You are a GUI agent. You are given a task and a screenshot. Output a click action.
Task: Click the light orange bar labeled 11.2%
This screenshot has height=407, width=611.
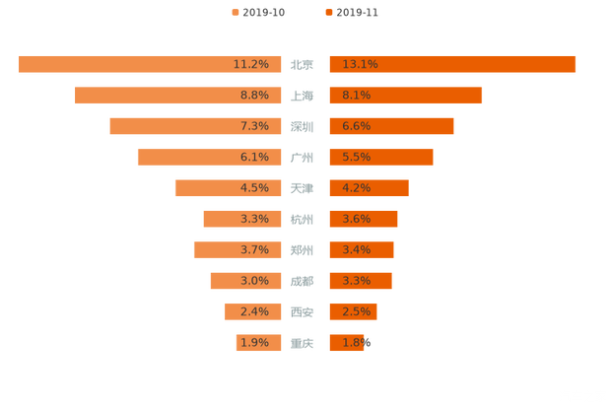tap(148, 64)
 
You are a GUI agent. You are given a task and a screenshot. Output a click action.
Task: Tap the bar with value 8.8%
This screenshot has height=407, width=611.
tap(177, 95)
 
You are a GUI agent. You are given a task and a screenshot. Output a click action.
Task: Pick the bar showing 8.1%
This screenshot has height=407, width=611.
tap(405, 95)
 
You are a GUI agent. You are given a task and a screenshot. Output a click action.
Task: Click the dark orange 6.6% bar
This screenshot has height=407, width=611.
tap(391, 126)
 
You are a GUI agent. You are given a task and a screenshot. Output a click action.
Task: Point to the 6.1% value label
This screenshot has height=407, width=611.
tap(254, 157)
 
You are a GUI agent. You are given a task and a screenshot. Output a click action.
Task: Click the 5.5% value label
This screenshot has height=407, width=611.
tap(357, 157)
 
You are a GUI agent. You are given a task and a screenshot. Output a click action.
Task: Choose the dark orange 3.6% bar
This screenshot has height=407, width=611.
tap(363, 219)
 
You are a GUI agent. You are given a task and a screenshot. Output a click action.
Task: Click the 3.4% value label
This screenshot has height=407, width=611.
tap(357, 250)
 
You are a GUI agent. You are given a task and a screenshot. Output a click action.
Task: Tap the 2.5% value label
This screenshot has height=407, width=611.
tap(357, 312)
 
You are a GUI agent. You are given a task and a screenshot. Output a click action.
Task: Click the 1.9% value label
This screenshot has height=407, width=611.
tap(254, 343)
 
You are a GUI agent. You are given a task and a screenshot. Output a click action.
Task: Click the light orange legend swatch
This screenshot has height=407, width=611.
tap(235, 13)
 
